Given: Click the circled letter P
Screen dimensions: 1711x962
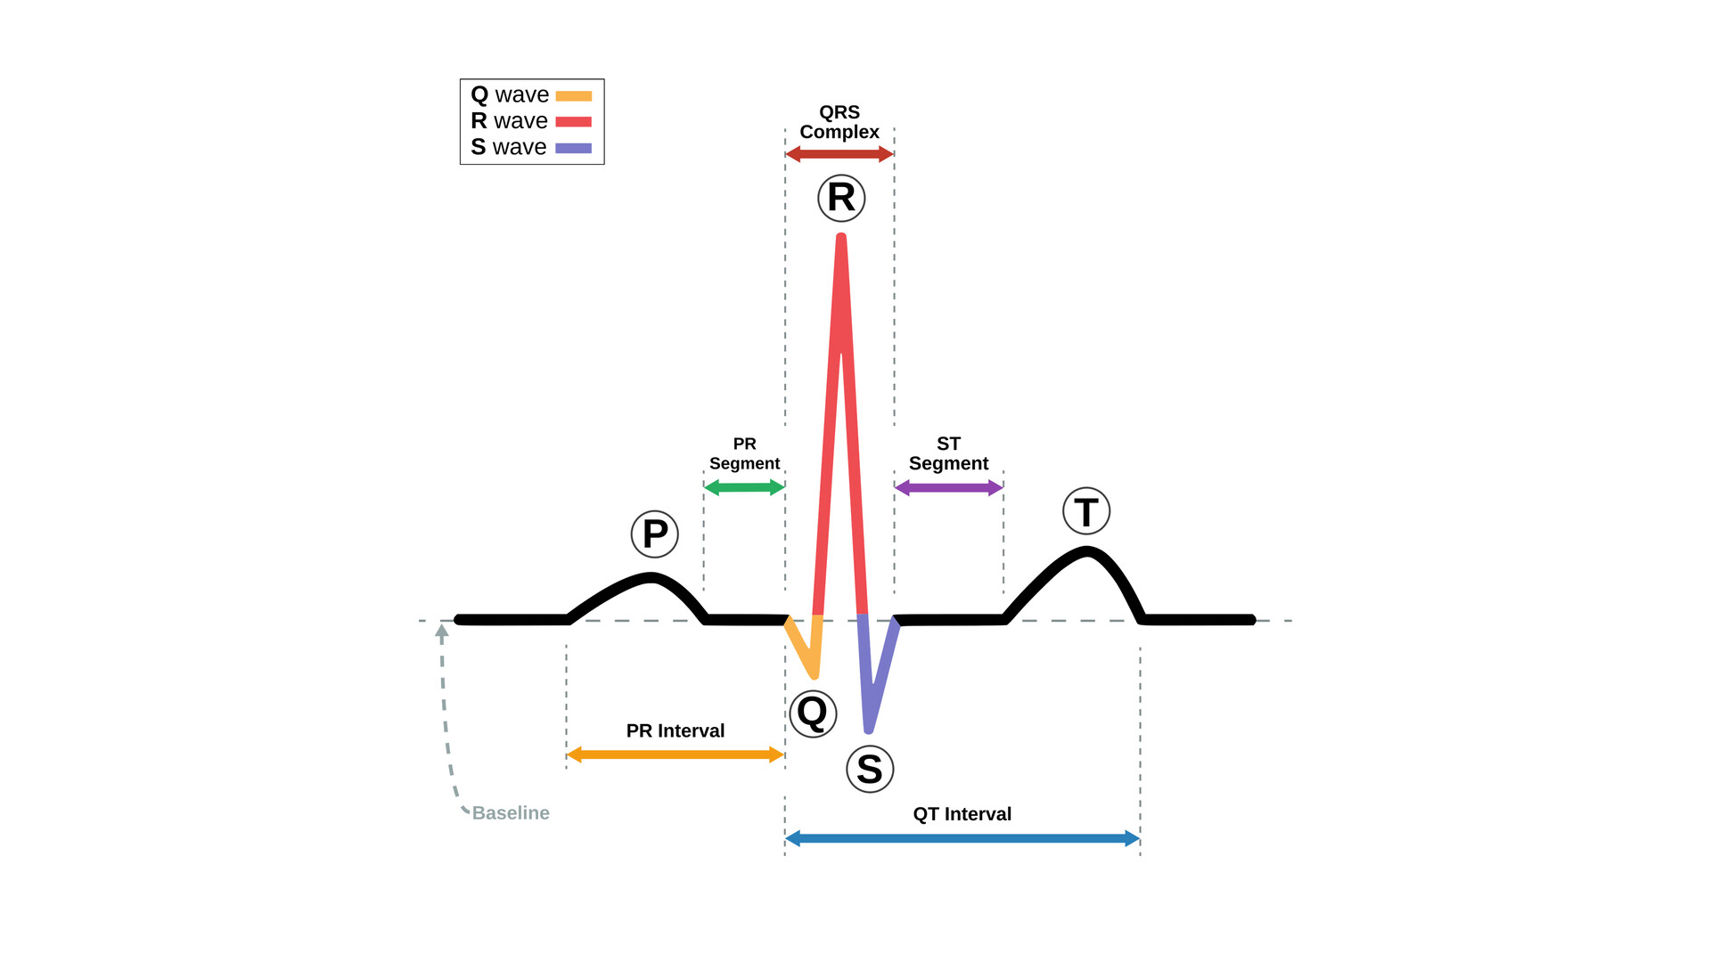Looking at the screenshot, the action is coord(655,534).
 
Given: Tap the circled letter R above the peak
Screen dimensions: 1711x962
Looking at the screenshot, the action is coord(841,198).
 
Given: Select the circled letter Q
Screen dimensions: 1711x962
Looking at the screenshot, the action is coord(813,713).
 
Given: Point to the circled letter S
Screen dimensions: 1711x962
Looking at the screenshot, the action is coord(870,769).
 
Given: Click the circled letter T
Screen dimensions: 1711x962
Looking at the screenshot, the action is coord(1086,511).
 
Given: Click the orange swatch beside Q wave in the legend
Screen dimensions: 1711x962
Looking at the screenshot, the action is coord(574,96).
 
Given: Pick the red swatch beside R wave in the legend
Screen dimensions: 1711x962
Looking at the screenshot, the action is coord(574,122).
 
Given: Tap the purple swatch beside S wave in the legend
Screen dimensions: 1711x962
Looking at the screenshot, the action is coord(574,148).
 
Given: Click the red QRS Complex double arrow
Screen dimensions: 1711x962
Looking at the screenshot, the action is coord(839,154).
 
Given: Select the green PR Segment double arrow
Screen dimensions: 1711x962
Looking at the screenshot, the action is coord(744,487).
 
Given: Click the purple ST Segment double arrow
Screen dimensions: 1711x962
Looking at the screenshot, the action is coord(949,487).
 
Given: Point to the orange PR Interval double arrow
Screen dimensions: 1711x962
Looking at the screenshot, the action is coord(675,754).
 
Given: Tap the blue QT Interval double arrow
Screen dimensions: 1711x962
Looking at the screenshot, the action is coord(962,838).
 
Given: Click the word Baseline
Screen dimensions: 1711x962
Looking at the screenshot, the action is coord(511,813).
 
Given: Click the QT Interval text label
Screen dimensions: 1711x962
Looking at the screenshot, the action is coord(962,814).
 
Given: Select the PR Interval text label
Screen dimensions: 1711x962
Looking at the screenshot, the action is coord(675,730).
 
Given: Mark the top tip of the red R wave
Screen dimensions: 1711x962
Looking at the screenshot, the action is coord(841,237).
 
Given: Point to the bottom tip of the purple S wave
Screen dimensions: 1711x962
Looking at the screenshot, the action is coord(869,730).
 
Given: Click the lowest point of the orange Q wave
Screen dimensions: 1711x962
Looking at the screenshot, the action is coord(814,675).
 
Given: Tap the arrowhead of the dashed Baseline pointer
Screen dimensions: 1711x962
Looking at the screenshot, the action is coord(441,629).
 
